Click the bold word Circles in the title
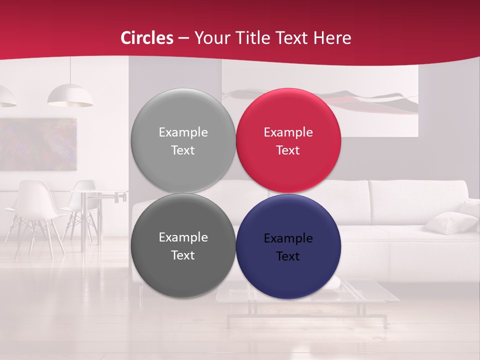coord(147,38)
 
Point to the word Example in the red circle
coord(288,132)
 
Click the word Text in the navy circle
coord(288,256)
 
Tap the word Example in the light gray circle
coord(183,132)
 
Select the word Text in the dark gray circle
coord(183,255)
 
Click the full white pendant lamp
coord(70,96)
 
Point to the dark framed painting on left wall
coord(38,144)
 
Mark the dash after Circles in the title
coord(183,38)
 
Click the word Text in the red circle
coord(288,150)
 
